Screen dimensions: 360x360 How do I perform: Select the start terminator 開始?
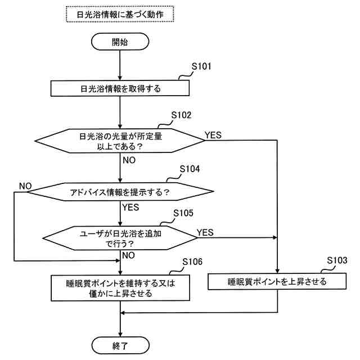coord(120,42)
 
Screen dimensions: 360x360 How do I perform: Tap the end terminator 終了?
coord(120,345)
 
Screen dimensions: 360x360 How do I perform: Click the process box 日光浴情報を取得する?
coord(120,88)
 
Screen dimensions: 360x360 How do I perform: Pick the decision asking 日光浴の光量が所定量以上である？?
coord(120,141)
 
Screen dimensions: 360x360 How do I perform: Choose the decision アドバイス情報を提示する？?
coord(120,192)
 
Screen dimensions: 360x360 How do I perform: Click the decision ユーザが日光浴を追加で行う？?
coord(120,238)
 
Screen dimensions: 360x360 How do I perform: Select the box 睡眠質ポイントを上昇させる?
coord(277,281)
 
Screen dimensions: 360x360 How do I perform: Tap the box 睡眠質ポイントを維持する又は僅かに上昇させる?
coord(120,288)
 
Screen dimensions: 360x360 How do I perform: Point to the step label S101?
coord(201,66)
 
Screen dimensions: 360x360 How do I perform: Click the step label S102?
coord(181,115)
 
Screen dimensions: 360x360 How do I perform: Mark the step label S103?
coord(337,260)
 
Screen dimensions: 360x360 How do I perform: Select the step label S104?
coord(190,169)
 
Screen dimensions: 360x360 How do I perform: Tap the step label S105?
coord(183,213)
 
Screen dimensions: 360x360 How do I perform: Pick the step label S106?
coord(192,262)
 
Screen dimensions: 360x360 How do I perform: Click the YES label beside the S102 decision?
coord(213,135)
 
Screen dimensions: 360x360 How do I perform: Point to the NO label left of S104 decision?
coord(25,186)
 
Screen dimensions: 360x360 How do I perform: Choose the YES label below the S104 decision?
coord(130,208)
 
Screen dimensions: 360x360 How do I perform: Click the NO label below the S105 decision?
coord(129,255)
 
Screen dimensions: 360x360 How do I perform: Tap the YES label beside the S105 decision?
coord(205,232)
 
